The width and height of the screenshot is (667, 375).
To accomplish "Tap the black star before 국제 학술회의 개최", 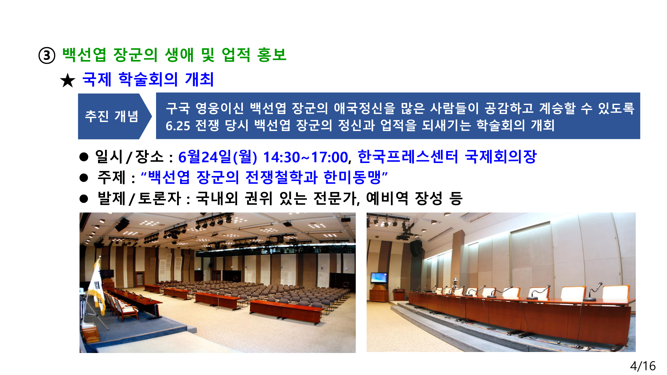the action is [x=68, y=80].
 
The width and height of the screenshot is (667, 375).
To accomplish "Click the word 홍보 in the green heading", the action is [x=272, y=54].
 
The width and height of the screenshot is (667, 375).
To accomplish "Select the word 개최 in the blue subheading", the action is [x=199, y=79].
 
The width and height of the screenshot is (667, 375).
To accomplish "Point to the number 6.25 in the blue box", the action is [x=178, y=126].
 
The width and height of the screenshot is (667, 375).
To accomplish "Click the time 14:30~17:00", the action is [x=305, y=157].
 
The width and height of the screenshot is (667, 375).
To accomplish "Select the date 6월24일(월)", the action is [x=218, y=157].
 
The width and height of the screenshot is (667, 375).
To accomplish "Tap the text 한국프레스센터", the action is [x=408, y=156].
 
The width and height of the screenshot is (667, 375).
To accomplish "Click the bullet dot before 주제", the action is [x=84, y=178].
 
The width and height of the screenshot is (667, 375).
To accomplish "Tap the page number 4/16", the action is [x=643, y=366].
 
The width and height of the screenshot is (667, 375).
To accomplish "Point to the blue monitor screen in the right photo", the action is [x=379, y=278].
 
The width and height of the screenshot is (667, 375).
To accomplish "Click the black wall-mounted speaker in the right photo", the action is [x=416, y=248].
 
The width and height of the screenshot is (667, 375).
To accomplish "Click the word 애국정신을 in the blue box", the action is [x=365, y=108].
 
